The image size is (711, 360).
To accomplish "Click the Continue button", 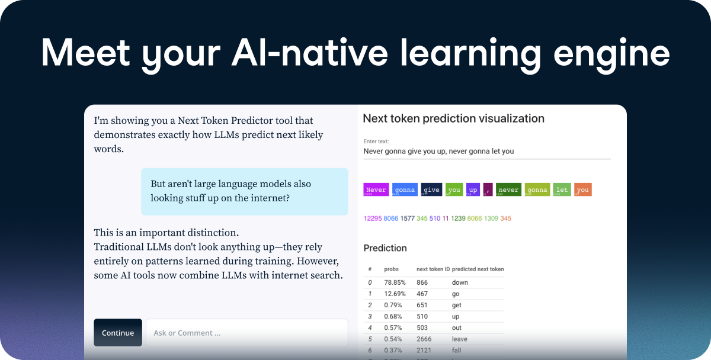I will (117, 333).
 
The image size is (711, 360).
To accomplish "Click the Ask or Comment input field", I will (246, 333).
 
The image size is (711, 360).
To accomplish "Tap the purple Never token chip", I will (376, 189).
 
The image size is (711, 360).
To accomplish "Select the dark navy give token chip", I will (431, 189).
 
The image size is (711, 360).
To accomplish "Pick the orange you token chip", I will (582, 189).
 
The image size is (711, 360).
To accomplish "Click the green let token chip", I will (562, 189).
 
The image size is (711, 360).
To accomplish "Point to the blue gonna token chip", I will (405, 189).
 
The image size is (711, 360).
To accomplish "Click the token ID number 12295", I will (372, 218).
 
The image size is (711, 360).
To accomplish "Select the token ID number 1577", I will (407, 218).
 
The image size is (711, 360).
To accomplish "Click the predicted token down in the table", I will (460, 282).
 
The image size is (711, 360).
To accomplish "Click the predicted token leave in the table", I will (459, 339).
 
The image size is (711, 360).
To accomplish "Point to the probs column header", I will (391, 269).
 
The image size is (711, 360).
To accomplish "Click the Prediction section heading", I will (385, 248).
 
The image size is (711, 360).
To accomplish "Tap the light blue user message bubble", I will (244, 191).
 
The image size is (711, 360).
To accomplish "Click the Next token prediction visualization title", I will (453, 118).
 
